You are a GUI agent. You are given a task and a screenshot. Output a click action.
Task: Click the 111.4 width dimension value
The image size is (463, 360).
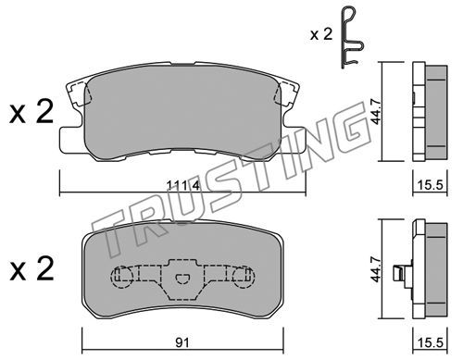[183, 185]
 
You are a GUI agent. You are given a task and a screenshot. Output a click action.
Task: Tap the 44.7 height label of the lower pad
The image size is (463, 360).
[376, 267]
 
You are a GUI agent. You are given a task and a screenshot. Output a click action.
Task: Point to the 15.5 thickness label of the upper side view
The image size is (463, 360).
[431, 185]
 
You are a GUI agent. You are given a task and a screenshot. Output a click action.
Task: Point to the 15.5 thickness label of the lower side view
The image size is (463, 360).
[431, 342]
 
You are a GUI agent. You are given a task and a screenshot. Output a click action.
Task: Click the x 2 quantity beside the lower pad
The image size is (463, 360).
[31, 269]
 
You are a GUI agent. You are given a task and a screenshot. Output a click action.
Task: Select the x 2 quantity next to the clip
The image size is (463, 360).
[321, 34]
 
